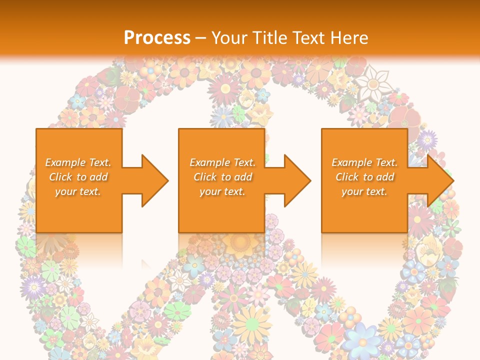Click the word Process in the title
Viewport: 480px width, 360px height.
tap(157, 37)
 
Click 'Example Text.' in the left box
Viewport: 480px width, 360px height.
tap(78, 162)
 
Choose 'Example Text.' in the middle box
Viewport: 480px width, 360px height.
tap(222, 162)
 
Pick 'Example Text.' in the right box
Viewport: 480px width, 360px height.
tap(364, 162)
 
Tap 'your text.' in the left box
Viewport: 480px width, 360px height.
tap(78, 191)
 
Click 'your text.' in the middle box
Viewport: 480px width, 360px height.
tap(222, 191)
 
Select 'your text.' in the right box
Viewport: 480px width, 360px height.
tap(364, 191)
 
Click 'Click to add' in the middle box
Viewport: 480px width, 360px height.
tap(222, 177)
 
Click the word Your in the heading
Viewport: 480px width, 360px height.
tap(229, 37)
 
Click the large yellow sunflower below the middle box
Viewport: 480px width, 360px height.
tap(240, 243)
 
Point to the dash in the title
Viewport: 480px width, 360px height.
tap(201, 38)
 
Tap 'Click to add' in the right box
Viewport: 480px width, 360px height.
tap(364, 177)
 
